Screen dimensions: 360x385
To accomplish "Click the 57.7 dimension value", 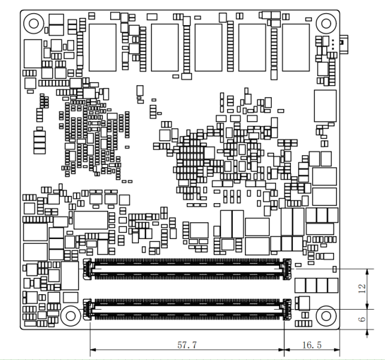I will point(186,346).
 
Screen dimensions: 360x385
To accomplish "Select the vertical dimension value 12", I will point(360,289).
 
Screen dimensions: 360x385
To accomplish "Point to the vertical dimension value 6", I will point(360,319).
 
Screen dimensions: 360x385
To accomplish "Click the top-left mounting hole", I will point(34,23).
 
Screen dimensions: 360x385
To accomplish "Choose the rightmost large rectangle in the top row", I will point(296,47).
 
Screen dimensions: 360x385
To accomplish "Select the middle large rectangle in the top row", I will point(208,47).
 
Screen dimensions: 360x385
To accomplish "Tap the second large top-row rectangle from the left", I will point(165,47).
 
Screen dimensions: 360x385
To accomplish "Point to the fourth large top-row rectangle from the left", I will point(252,47).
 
